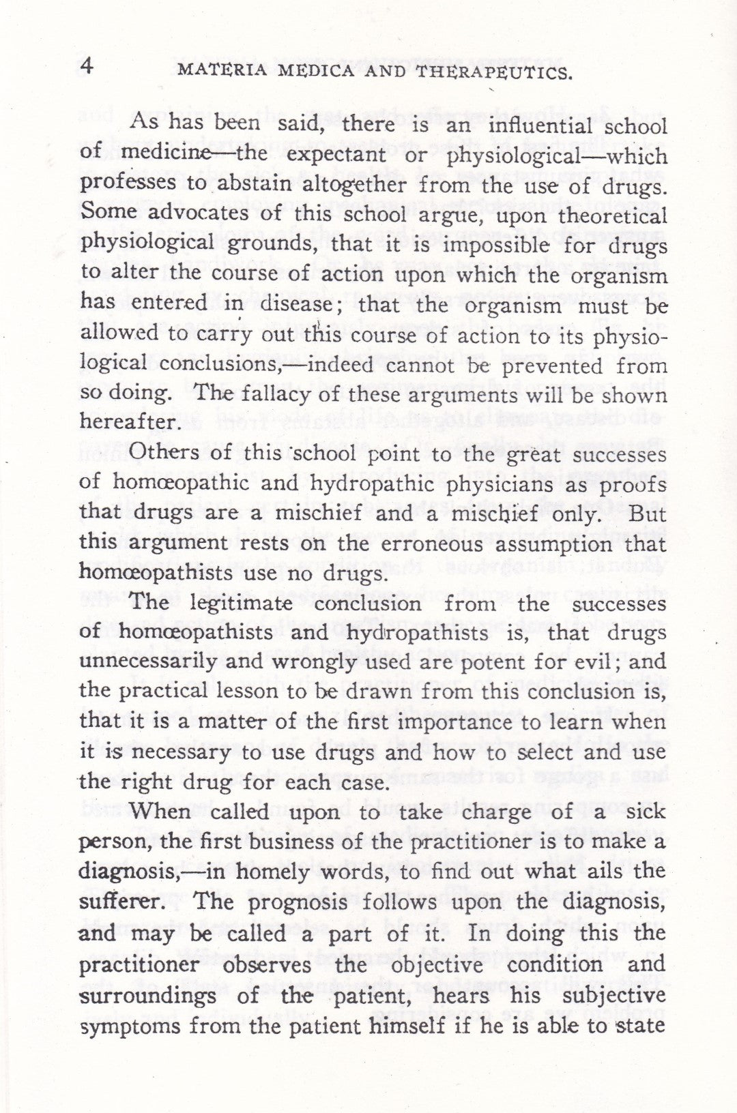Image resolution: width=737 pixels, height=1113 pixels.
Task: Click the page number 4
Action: (x=87, y=66)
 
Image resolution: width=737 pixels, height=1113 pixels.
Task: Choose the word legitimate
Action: (x=240, y=604)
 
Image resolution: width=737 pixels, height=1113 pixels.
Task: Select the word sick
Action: (x=646, y=812)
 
